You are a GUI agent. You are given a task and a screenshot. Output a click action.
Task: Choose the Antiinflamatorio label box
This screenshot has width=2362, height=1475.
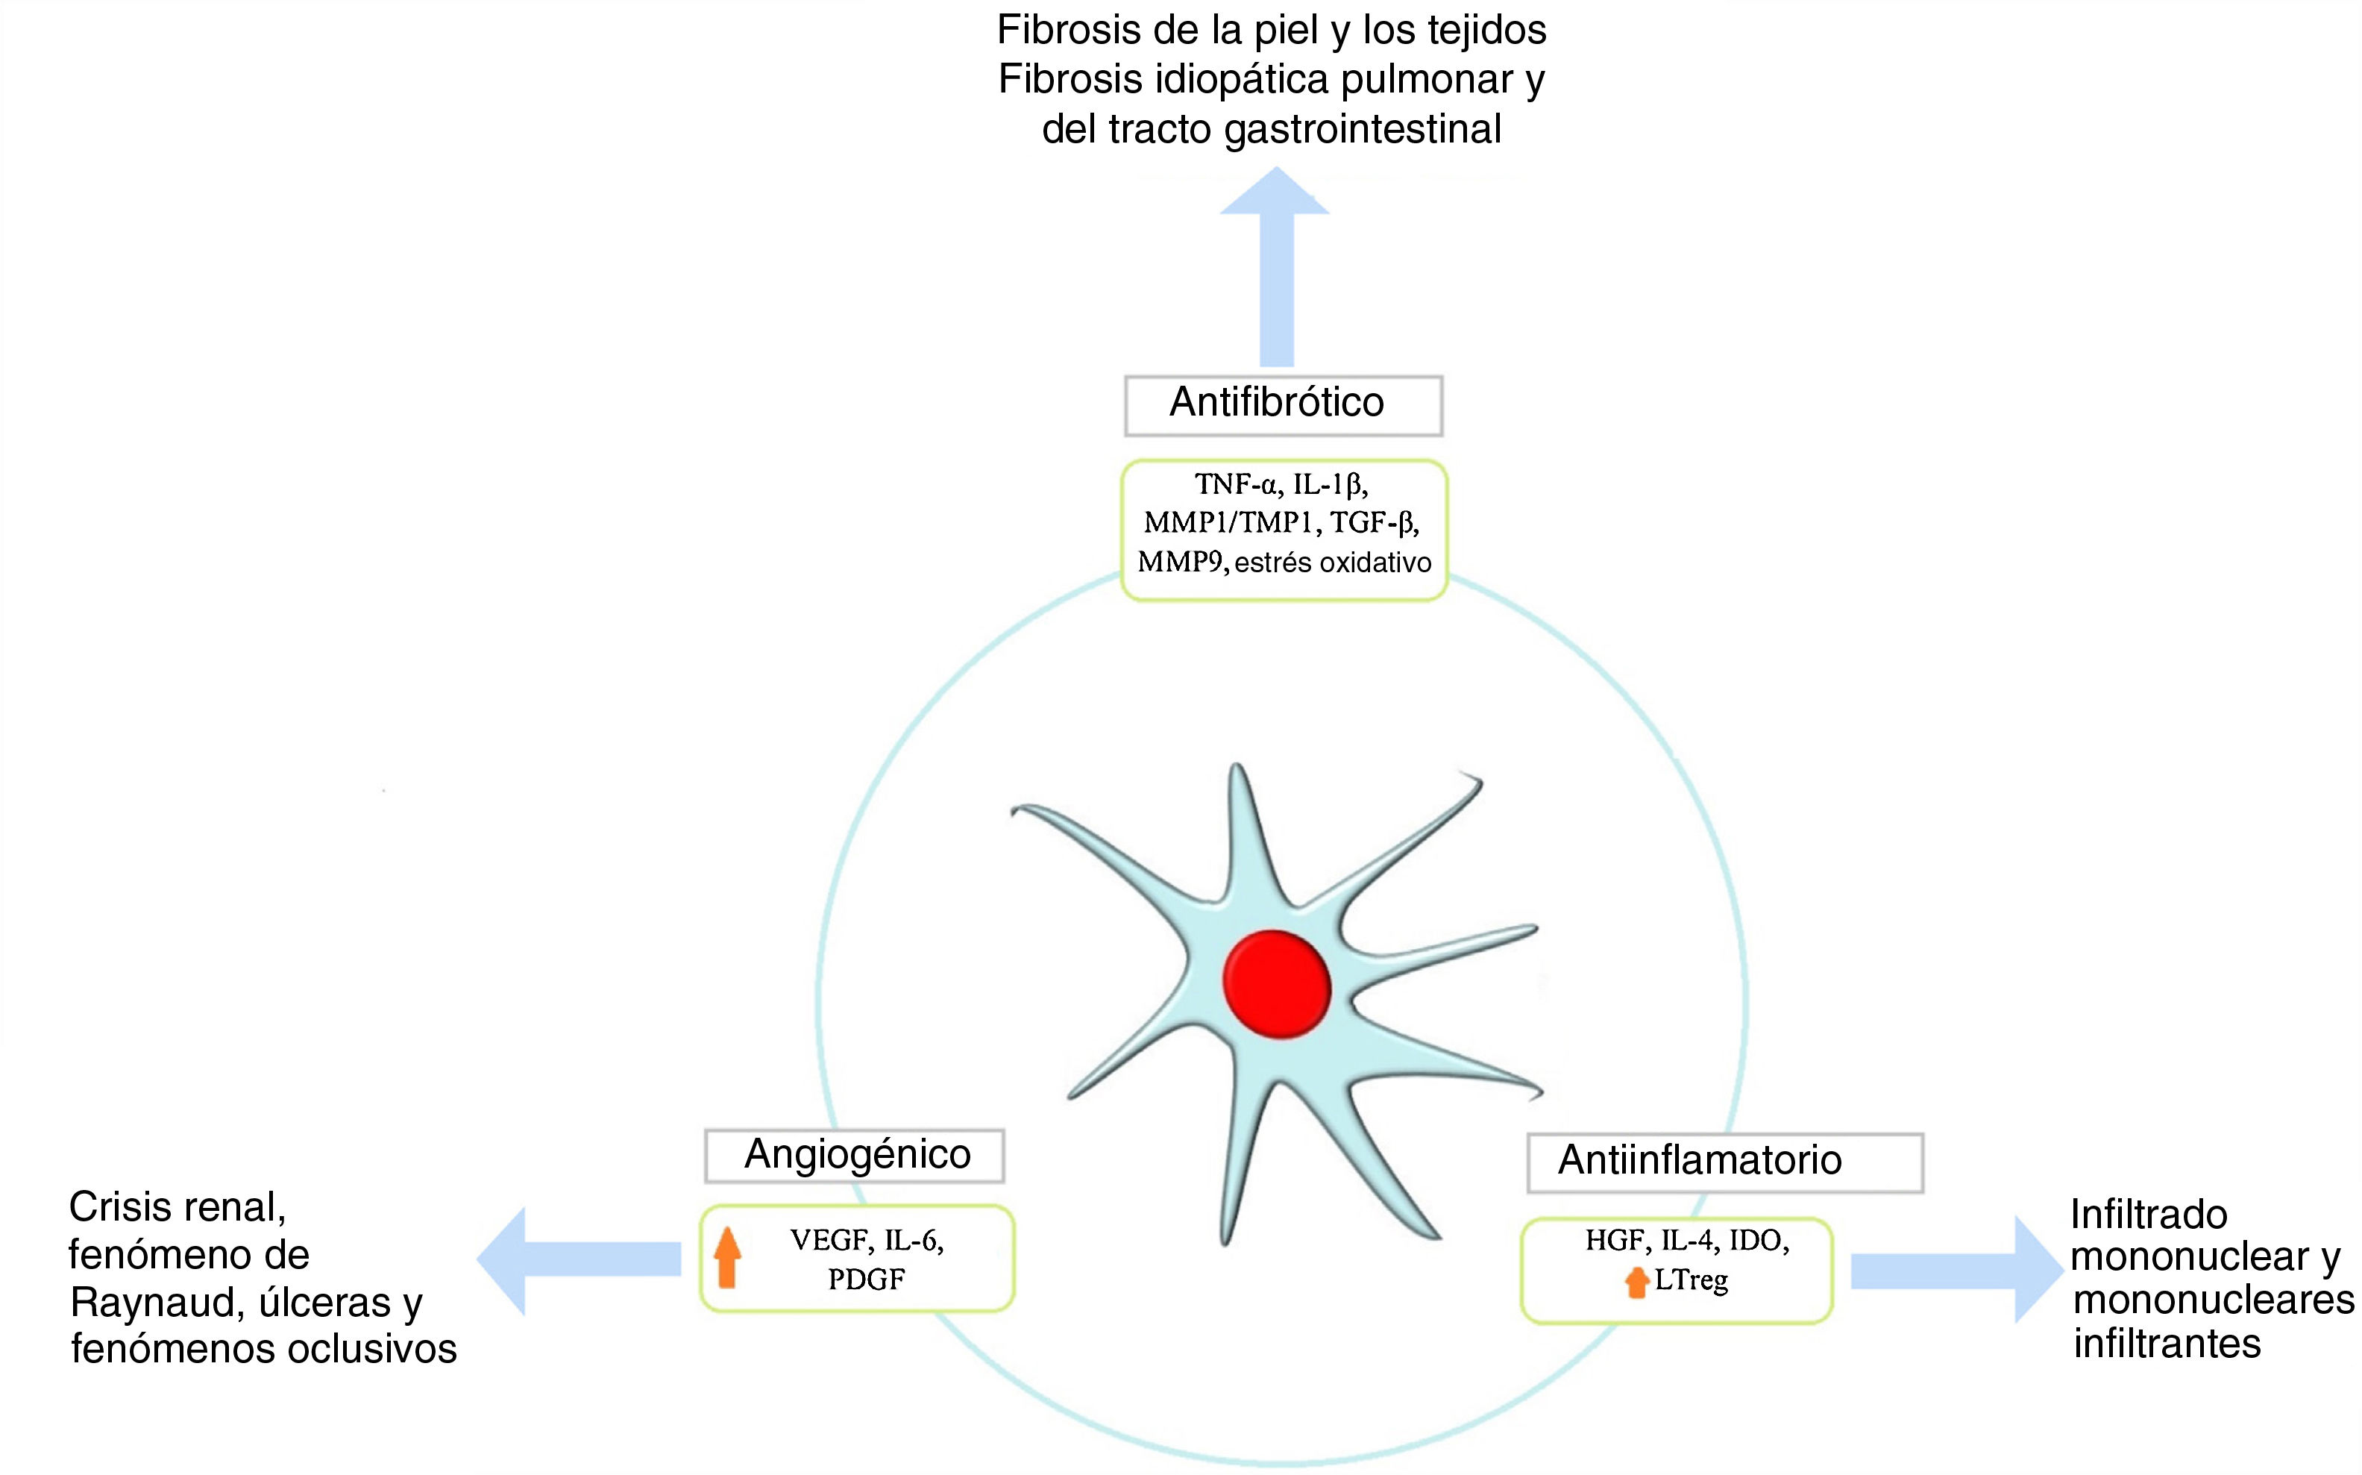(x=1724, y=1162)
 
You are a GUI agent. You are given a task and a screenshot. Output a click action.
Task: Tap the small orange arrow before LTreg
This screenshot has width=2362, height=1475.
(x=1636, y=1282)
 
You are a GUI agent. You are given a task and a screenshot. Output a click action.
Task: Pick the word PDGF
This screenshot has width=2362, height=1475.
(x=866, y=1279)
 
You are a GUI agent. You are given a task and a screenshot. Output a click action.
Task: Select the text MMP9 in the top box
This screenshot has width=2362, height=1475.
(x=1182, y=563)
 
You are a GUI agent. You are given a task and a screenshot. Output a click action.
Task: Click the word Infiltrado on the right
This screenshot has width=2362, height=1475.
(x=2149, y=1215)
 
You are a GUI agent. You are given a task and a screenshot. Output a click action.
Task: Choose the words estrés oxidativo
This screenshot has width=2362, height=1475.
(x=1333, y=563)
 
